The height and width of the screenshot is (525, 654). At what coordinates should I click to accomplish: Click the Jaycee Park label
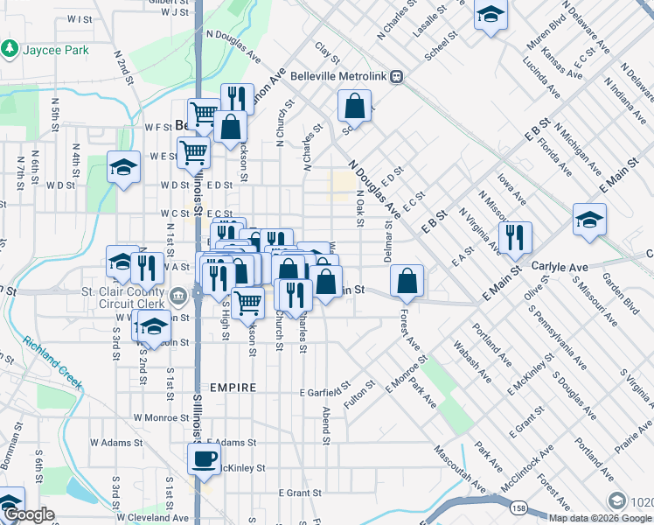(53, 49)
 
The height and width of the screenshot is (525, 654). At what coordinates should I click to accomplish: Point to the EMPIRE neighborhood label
(233, 387)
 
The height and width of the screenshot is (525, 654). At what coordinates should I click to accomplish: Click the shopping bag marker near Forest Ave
(407, 282)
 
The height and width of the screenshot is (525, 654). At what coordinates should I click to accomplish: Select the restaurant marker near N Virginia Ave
(515, 237)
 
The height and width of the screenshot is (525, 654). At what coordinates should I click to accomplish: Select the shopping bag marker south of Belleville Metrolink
(354, 108)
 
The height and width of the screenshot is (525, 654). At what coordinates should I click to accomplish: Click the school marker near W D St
(123, 167)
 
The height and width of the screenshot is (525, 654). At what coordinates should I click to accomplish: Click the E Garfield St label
(324, 389)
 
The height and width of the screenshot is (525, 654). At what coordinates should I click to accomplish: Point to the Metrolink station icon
(396, 76)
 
